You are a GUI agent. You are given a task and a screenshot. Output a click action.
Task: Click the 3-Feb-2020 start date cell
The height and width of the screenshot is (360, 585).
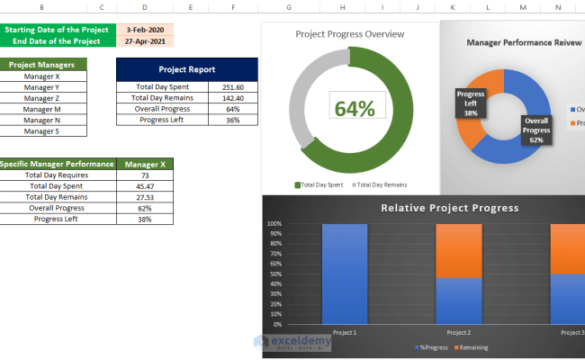point(145,29)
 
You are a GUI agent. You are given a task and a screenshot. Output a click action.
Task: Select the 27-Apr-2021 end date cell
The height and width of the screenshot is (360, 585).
point(145,40)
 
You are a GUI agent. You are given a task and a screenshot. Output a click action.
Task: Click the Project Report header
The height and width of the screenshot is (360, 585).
point(186,69)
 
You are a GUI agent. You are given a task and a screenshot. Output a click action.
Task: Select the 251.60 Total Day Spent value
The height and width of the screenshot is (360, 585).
point(233,86)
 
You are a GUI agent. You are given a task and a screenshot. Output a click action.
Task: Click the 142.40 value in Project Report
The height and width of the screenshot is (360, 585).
point(233,97)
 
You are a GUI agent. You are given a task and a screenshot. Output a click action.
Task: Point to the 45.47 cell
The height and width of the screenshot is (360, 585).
point(145,185)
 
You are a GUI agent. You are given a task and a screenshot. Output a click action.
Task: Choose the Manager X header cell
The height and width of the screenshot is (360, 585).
point(145,164)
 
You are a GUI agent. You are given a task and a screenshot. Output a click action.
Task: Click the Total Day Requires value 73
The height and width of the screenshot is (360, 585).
point(145,175)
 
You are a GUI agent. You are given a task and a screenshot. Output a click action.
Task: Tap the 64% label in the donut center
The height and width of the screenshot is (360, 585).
point(355,108)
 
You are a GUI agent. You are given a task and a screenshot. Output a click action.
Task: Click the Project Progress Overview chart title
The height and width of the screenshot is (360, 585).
point(349,34)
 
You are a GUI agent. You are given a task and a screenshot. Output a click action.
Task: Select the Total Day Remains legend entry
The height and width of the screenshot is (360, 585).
point(381,184)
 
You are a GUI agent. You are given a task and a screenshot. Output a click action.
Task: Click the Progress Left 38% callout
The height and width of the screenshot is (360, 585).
point(471,103)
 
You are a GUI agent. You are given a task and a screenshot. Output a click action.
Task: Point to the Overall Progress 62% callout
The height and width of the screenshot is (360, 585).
point(536,130)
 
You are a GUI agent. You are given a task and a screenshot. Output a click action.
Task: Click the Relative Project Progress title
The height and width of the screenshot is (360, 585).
point(449,208)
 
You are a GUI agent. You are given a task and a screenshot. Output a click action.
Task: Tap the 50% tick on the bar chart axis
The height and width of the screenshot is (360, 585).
point(274,274)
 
